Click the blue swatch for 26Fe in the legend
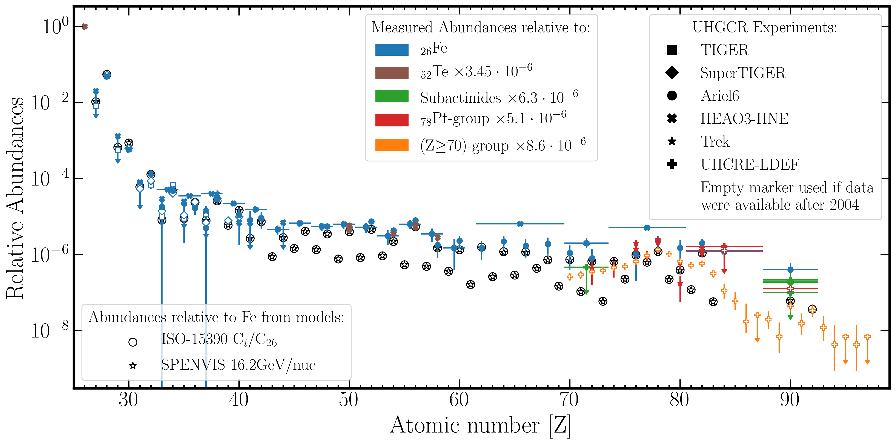point(392,50)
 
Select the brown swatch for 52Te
point(392,73)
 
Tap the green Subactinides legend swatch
point(392,96)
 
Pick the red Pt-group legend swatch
point(392,120)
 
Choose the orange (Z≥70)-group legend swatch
point(392,145)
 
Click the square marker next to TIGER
point(672,50)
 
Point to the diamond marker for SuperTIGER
point(672,73)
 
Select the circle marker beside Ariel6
point(672,96)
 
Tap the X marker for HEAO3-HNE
point(672,118)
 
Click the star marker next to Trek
point(672,141)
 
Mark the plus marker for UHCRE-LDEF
point(672,164)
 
